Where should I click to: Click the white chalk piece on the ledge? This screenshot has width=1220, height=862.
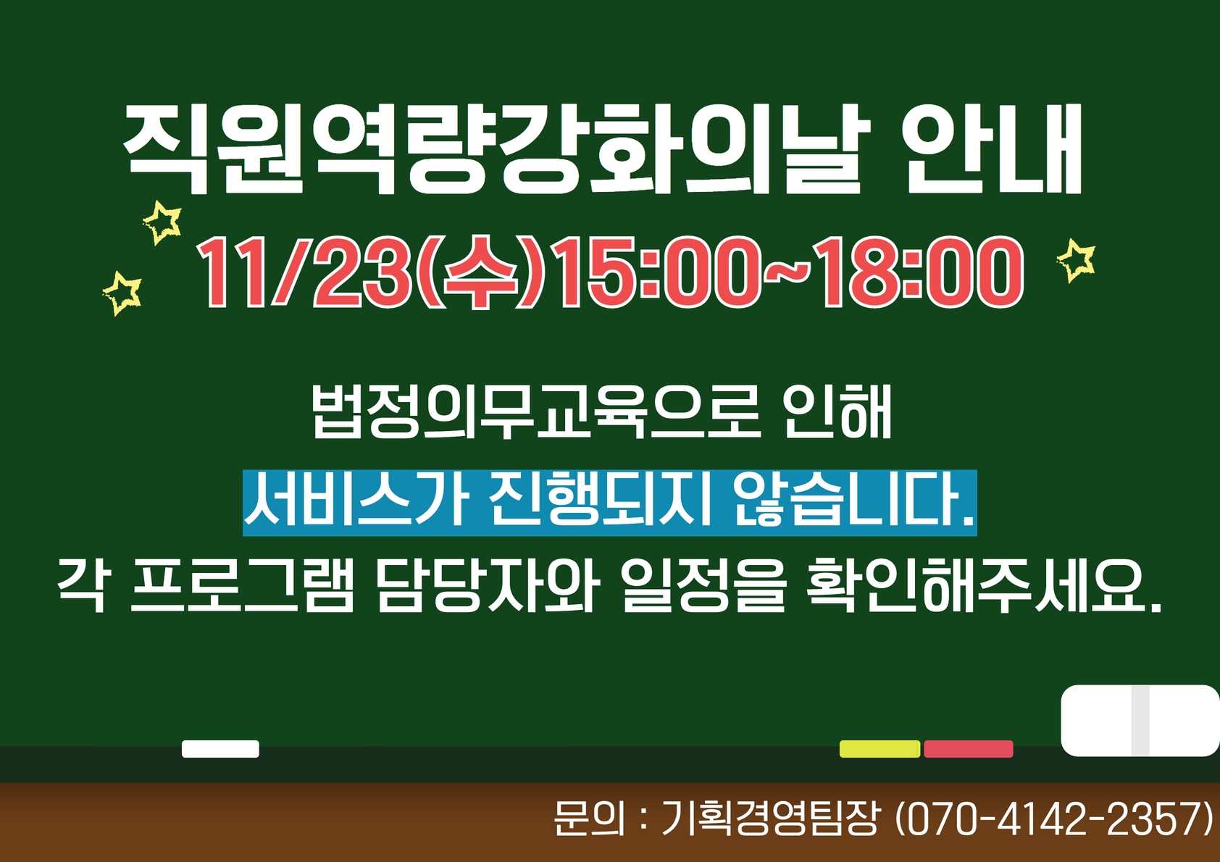pyautogui.click(x=220, y=749)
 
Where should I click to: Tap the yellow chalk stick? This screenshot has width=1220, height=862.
pyautogui.click(x=880, y=749)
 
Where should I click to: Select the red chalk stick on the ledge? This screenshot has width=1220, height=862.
pyautogui.click(x=969, y=749)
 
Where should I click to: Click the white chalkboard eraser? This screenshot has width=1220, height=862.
pyautogui.click(x=1140, y=721)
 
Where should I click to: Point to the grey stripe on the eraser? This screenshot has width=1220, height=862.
pyautogui.click(x=1140, y=721)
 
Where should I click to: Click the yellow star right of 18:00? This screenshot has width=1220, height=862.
pyautogui.click(x=1076, y=261)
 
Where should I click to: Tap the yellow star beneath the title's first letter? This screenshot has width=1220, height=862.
pyautogui.click(x=162, y=222)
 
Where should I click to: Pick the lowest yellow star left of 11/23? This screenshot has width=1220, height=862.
pyautogui.click(x=122, y=293)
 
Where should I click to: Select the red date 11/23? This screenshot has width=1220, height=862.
pyautogui.click(x=304, y=272)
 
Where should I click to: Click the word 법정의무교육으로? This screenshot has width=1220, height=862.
pyautogui.click(x=535, y=411)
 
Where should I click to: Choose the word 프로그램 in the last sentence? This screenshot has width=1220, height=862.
pyautogui.click(x=243, y=588)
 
